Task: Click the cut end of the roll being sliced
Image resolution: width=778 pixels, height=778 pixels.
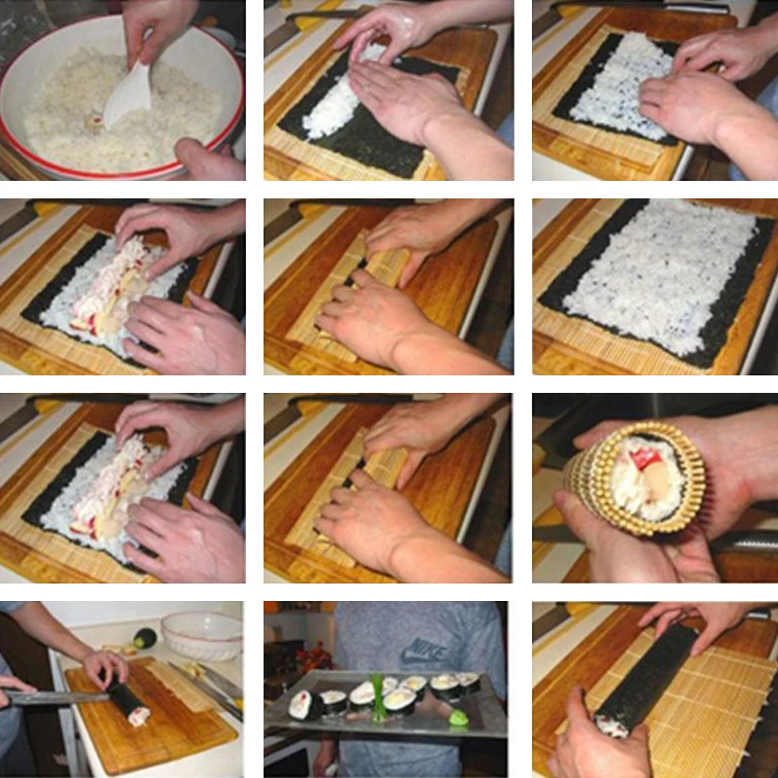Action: tap(139, 716)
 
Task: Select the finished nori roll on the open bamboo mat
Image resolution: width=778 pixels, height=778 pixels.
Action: tap(647, 681)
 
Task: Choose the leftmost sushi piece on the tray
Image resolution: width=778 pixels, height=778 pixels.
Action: tap(303, 701)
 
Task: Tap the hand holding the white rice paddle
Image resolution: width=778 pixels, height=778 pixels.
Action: tap(156, 24)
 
